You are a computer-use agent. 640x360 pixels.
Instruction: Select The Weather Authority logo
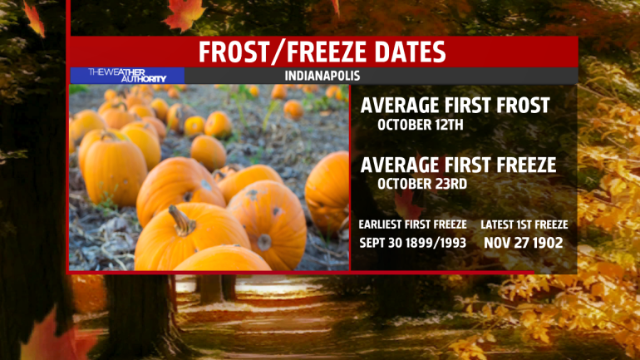[x=127, y=76]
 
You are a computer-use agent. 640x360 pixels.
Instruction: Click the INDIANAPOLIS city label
[x=322, y=76]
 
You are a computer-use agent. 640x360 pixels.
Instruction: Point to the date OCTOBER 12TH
[x=421, y=125]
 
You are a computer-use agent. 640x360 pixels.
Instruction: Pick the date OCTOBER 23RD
[x=422, y=184]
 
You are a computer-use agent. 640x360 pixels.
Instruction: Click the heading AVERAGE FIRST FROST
[x=455, y=106]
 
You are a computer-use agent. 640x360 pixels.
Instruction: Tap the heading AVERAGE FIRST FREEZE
[x=458, y=165]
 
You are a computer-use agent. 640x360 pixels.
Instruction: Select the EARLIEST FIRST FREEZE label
[x=412, y=224]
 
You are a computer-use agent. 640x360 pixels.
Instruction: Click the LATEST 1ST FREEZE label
[x=524, y=224]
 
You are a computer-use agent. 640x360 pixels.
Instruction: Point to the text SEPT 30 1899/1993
[x=412, y=244]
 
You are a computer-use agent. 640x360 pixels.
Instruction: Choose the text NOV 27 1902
[x=524, y=244]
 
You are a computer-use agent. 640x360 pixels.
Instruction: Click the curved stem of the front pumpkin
[x=182, y=221]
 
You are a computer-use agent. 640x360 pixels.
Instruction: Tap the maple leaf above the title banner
[x=184, y=14]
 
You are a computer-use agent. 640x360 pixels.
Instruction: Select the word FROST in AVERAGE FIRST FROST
[x=523, y=106]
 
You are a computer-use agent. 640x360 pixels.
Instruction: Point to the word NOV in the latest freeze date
[x=497, y=244]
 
